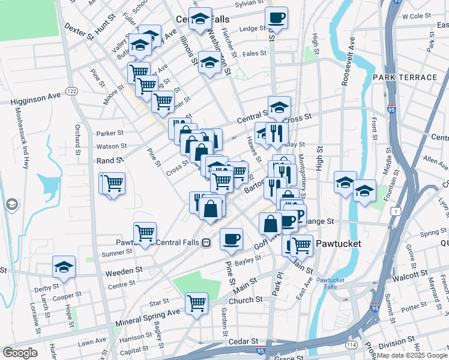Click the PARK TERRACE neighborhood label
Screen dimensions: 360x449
coord(405,78)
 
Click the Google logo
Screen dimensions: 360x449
coord(20,352)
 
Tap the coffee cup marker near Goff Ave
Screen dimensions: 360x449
coord(231,239)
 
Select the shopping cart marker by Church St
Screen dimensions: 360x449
coord(196,304)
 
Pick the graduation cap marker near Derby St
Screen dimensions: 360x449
coord(64,268)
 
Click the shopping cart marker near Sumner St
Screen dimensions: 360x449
coord(145,233)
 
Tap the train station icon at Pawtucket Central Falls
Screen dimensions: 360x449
coord(206,243)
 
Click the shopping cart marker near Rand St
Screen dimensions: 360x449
coord(113,183)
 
